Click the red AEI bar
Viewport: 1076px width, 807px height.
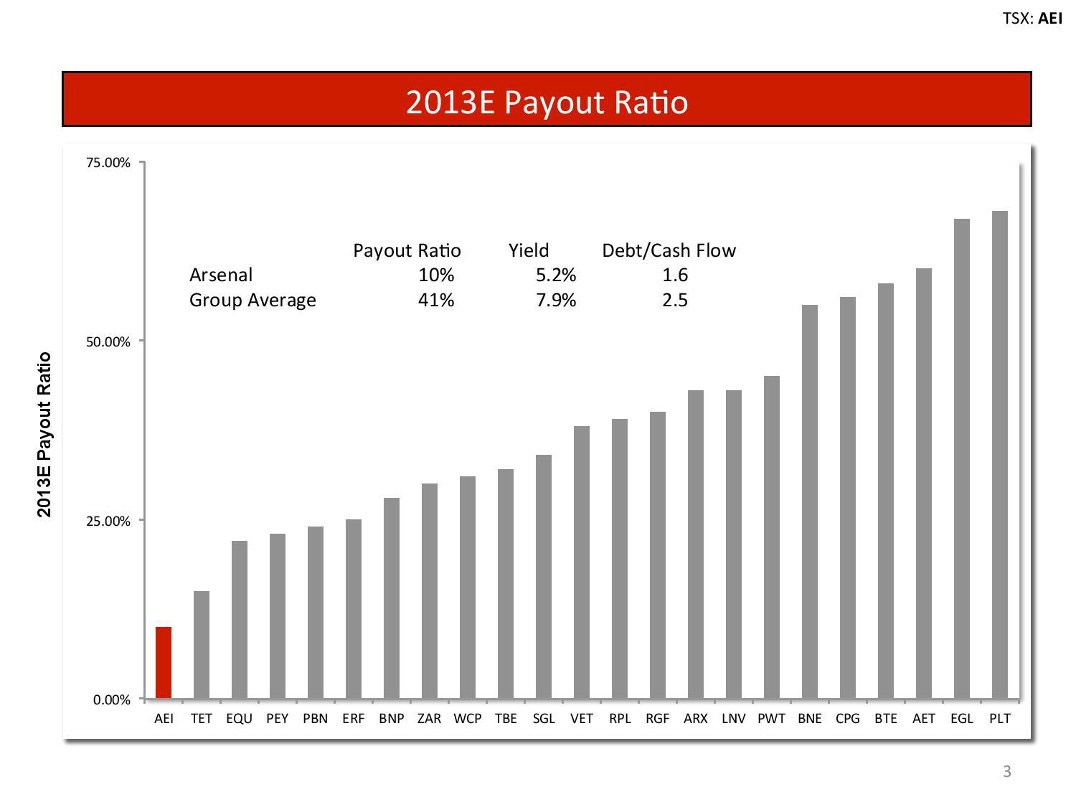164,662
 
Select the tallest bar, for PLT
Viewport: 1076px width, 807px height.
999,454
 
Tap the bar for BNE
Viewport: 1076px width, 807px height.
809,501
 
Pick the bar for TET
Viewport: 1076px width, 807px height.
202,644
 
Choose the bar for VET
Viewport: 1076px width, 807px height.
582,562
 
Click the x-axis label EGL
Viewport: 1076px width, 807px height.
961,718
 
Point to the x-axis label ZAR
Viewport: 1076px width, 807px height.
429,718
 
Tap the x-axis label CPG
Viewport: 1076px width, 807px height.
847,718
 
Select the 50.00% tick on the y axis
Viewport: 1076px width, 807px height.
108,341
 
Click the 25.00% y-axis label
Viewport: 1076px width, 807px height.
108,521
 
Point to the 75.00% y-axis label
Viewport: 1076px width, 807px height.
108,163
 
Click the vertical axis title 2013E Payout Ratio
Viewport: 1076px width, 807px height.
44,434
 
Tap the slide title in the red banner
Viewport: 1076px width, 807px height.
547,102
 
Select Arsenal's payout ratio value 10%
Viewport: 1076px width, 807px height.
436,275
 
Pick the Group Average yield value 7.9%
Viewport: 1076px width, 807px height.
556,300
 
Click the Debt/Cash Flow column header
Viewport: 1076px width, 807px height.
669,250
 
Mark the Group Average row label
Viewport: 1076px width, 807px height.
253,300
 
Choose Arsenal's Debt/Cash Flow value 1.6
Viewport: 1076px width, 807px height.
675,275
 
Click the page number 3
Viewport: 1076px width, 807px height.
1006,772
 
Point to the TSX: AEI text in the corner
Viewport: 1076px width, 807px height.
1032,19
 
